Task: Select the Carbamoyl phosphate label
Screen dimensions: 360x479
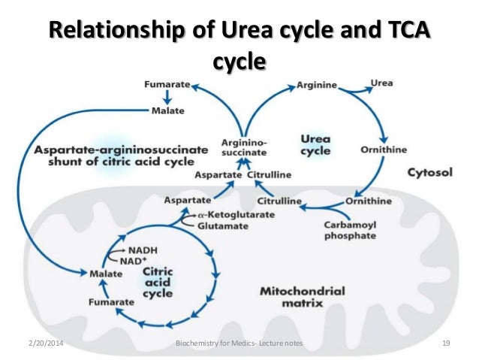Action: click(348, 230)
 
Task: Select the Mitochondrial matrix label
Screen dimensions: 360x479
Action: click(302, 296)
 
